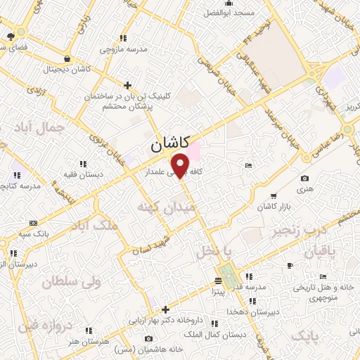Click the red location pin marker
pyautogui.click(x=181, y=165)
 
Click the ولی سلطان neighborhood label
pyautogui.click(x=67, y=282)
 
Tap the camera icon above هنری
pyautogui.click(x=304, y=179)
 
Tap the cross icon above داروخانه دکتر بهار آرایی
pyautogui.click(x=166, y=309)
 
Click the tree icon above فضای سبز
pyautogui.click(x=10, y=36)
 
